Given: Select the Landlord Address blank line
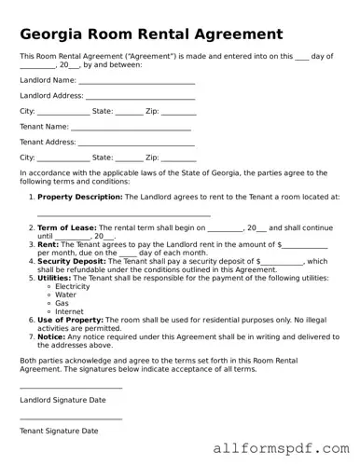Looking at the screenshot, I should pos(140,97).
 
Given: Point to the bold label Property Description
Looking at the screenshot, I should pos(79,197).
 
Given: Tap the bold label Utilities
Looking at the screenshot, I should pos(54,278).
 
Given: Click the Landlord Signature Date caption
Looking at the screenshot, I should pos(62,400).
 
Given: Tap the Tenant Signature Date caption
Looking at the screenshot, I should pos(59,432).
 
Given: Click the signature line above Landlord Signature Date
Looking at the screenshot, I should pos(71,388).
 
